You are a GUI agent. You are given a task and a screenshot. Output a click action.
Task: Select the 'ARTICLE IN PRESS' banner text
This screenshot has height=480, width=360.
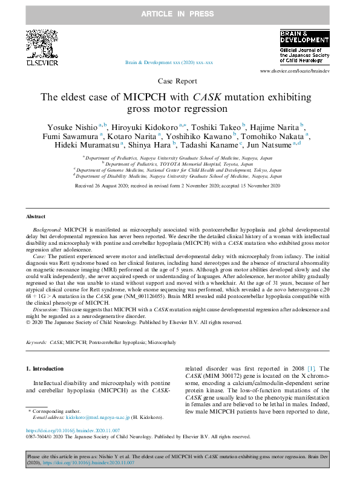(179, 13)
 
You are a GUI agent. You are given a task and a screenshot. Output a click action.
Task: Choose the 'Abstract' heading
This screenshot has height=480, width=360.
(35, 216)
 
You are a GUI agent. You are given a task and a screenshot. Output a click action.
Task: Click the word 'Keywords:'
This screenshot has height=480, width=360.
(37, 342)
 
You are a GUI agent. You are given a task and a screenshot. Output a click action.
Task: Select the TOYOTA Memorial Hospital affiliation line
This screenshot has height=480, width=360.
(180, 163)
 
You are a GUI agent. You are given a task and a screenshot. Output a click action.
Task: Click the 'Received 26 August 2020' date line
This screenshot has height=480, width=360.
(180, 187)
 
